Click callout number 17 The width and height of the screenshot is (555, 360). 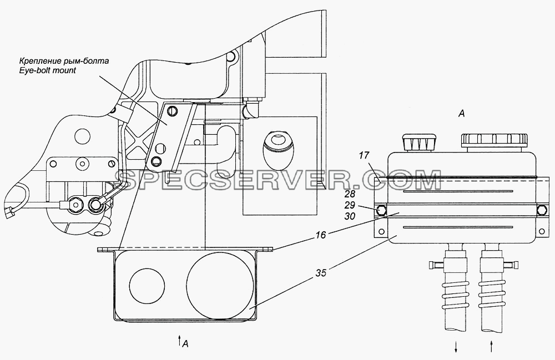click(364, 155)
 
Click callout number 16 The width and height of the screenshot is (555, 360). click(321, 235)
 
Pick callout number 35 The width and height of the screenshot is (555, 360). click(321, 273)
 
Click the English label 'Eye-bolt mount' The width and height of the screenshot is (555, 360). click(47, 70)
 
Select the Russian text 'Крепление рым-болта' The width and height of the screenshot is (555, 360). click(63, 61)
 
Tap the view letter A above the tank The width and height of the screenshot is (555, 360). click(461, 114)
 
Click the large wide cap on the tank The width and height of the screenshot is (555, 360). click(495, 142)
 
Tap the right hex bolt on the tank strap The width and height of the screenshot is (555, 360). click(542, 210)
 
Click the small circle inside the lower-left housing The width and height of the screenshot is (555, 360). click(147, 285)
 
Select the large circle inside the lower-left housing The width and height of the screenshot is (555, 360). click(220, 286)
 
